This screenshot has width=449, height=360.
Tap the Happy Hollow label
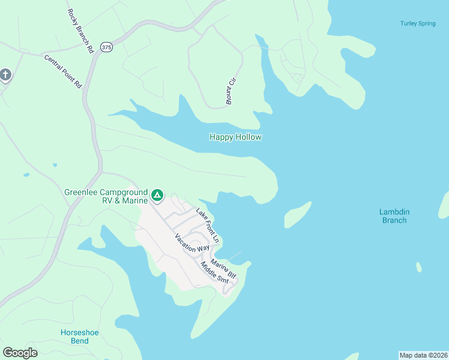pos(235,137)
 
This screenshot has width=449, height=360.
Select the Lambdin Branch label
pos(394,216)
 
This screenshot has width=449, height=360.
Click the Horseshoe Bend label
pos(79,337)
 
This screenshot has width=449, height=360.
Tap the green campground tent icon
pos(157,195)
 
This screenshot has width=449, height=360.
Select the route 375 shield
pos(106,47)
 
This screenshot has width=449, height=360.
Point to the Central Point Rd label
pos(62,71)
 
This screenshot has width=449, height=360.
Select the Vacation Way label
pos(191,242)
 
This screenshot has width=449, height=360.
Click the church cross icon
pos(5,75)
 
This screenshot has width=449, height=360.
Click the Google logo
pos(20,353)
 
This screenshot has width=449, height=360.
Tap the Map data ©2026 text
pos(423,355)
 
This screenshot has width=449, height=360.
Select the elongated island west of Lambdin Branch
pos(298,215)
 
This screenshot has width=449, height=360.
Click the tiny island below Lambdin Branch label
pos(418,267)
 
